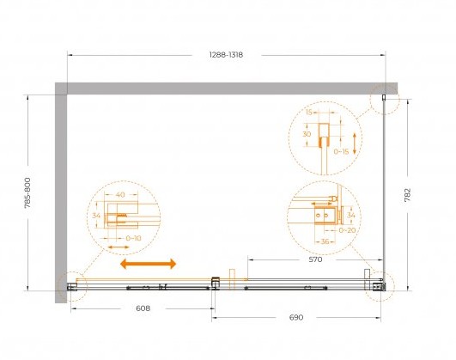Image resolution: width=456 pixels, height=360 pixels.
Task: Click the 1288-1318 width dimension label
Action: [226, 55]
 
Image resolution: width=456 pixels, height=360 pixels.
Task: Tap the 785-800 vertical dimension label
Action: [27, 193]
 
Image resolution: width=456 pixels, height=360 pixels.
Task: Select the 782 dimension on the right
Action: [407, 195]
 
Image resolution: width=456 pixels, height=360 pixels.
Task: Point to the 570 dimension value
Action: [315, 259]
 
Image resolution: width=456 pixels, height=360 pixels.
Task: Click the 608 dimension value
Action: [143, 308]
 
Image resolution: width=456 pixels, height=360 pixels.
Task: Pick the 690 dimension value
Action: [296, 317]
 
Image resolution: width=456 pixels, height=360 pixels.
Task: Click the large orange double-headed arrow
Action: [149, 264]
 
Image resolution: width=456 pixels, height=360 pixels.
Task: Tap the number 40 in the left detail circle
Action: [120, 195]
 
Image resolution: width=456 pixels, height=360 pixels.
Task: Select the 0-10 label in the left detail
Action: [133, 238]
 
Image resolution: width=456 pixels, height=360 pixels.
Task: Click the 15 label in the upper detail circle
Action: [309, 112]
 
